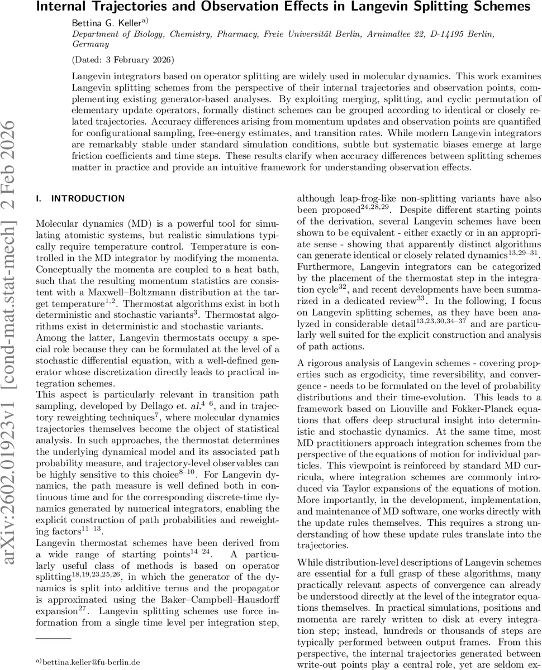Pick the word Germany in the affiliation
(x=91, y=44)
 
